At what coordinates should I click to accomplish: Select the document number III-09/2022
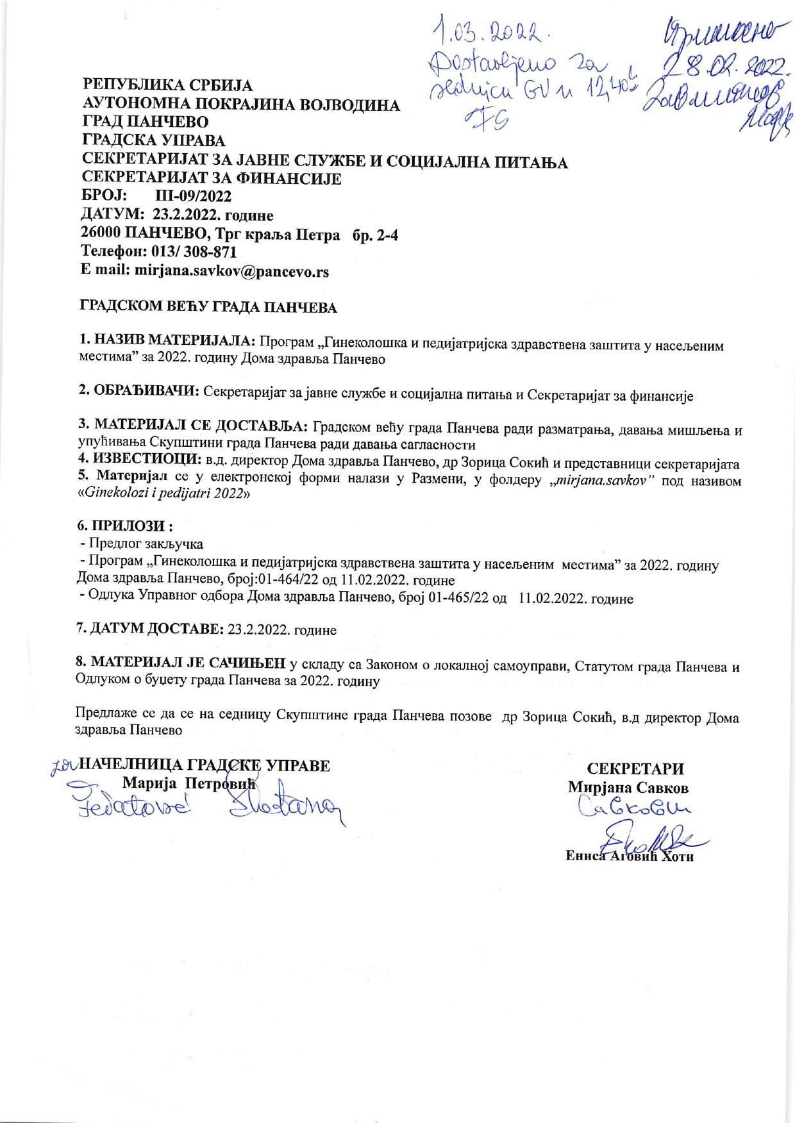tap(194, 195)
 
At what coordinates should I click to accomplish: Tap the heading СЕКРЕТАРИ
tap(635, 769)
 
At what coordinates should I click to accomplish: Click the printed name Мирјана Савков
tap(628, 787)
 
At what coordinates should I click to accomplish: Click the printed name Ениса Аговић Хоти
tap(630, 857)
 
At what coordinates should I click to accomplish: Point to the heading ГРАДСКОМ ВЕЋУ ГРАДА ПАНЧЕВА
tap(207, 308)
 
